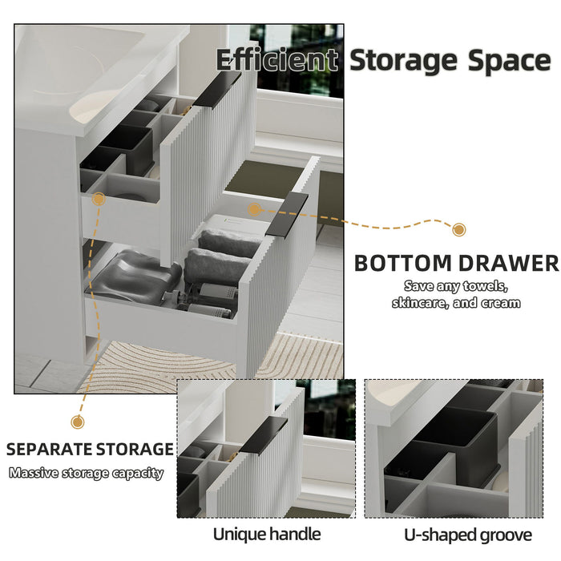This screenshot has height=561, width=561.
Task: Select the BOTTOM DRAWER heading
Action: click(456, 263)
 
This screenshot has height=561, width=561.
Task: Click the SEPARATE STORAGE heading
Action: click(90, 449)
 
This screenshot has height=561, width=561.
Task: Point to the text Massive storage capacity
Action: click(87, 473)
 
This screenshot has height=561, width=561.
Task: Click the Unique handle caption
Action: click(266, 534)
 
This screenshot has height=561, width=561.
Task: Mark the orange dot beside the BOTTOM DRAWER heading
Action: click(458, 230)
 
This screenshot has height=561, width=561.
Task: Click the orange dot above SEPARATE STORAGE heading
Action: click(78, 422)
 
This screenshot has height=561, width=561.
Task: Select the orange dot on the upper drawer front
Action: click(99, 199)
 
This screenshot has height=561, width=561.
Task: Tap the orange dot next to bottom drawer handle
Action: click(255, 210)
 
